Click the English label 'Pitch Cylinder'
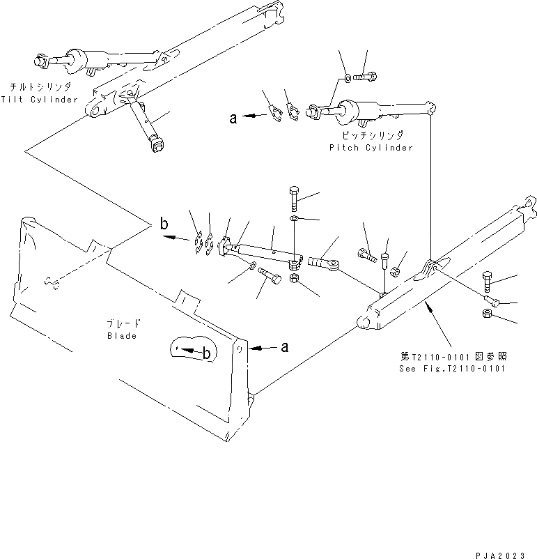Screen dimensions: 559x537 point(371,148)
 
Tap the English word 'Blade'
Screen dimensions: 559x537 point(122,336)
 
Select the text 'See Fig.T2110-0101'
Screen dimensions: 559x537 point(452,368)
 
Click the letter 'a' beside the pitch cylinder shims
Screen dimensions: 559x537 point(234,118)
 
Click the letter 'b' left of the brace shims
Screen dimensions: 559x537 point(164,224)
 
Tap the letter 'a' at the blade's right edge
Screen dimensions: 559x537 point(283,346)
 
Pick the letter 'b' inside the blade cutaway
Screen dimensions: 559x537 point(207,354)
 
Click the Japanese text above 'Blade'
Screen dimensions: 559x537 point(123,324)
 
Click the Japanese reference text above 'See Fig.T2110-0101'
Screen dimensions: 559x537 point(452,356)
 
